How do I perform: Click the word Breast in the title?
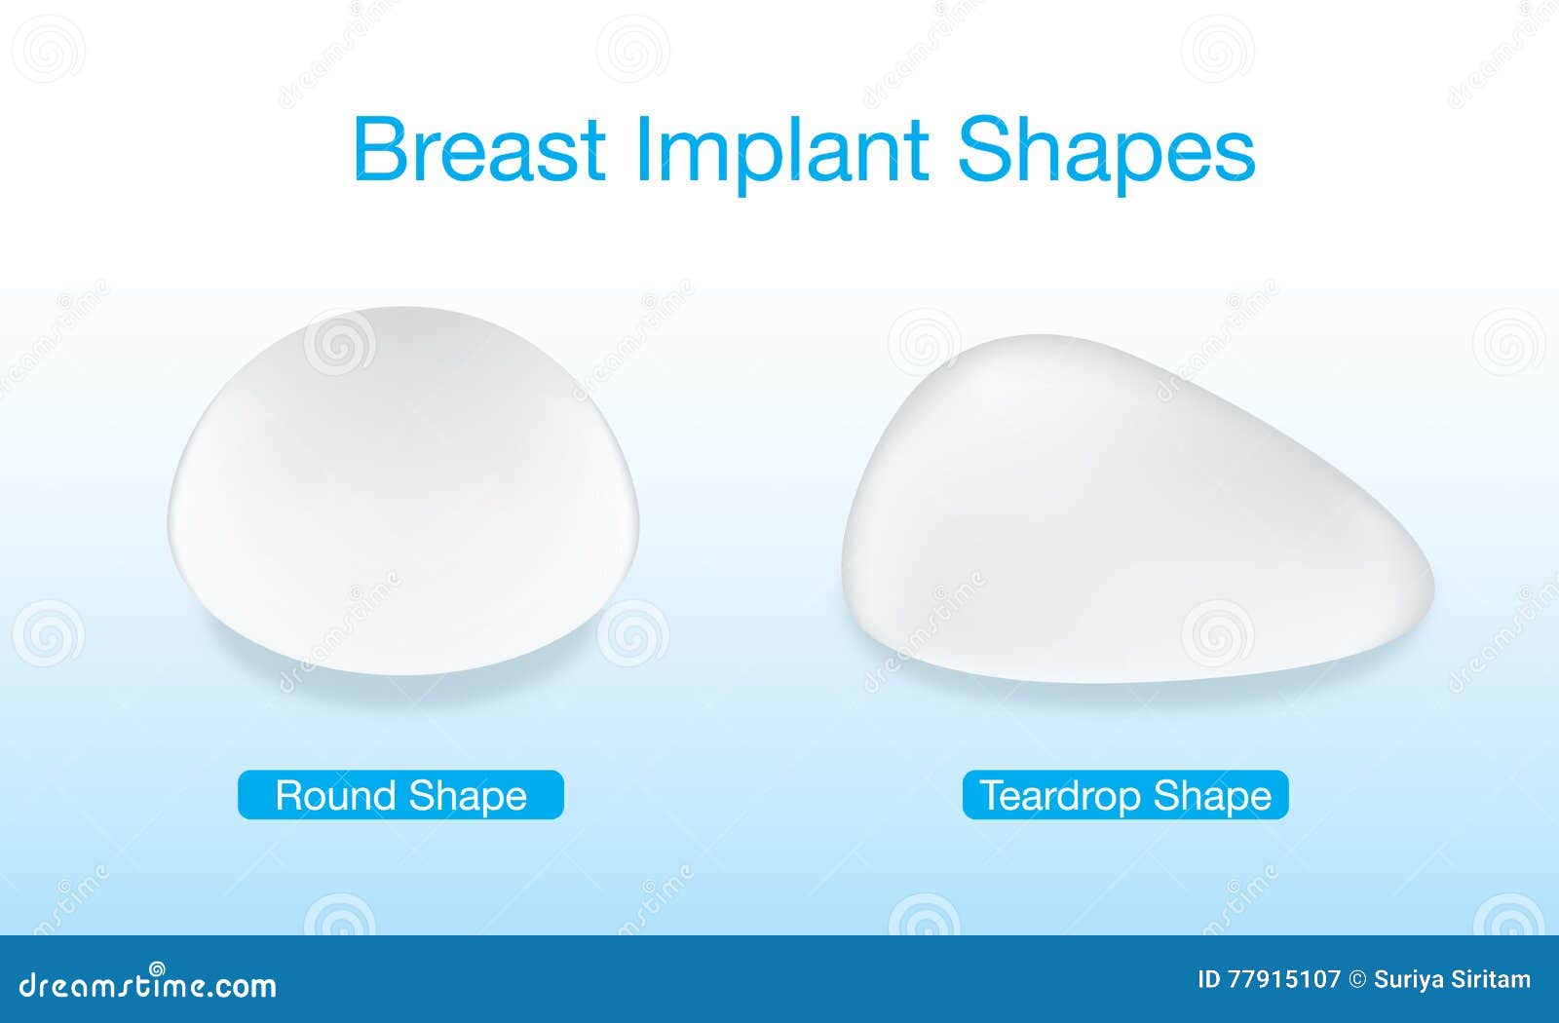click(x=478, y=149)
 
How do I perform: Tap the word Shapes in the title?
click(x=1107, y=155)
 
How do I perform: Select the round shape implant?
click(x=403, y=491)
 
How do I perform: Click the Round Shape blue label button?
click(x=400, y=795)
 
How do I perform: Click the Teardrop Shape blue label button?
click(x=1125, y=795)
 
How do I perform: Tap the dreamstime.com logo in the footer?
click(x=147, y=984)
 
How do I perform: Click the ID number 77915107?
click(x=1284, y=980)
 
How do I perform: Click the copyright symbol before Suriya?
click(x=1358, y=980)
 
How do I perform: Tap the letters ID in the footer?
click(x=1209, y=980)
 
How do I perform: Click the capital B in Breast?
click(x=380, y=149)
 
